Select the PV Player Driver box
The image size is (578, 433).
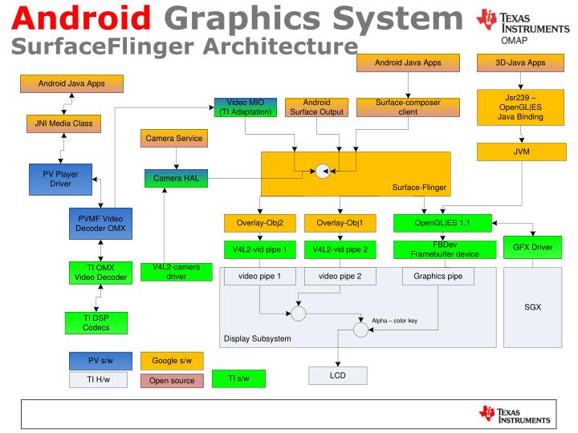coord(59,178)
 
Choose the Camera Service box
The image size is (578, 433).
coord(173,139)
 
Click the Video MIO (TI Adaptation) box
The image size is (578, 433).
coord(246,107)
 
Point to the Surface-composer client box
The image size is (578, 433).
coord(408,107)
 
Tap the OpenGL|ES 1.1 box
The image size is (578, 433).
coord(441,222)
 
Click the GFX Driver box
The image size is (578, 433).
coord(532,247)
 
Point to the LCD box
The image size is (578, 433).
coord(337,375)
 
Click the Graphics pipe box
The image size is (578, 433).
coord(438,276)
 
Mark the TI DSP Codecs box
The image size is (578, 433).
coord(96,322)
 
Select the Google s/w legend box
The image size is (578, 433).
coord(172,361)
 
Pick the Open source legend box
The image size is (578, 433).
coord(172,380)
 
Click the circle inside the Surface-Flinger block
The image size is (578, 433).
coord(322,170)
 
